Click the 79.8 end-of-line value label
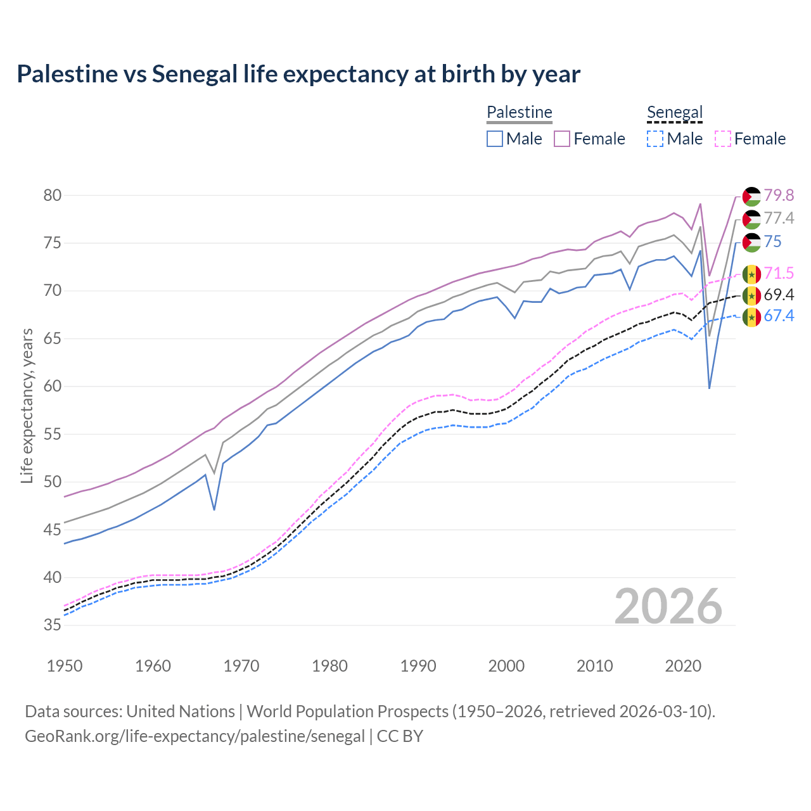tap(779, 195)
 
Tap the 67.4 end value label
tap(779, 316)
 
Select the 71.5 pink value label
tap(779, 273)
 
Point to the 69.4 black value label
tap(779, 295)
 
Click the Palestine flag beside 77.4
tap(751, 219)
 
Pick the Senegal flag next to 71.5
tap(751, 274)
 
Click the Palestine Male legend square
tap(495, 139)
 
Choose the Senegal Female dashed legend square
tap(723, 139)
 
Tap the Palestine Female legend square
tap(562, 139)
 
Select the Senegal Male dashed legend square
tap(655, 139)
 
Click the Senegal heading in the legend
tap(675, 113)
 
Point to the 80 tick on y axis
tap(53, 195)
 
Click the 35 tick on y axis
tap(53, 625)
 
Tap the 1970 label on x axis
tap(241, 666)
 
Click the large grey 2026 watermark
tap(668, 606)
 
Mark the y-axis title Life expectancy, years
tap(27, 405)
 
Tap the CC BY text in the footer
tap(400, 736)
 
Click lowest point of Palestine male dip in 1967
tap(214, 509)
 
